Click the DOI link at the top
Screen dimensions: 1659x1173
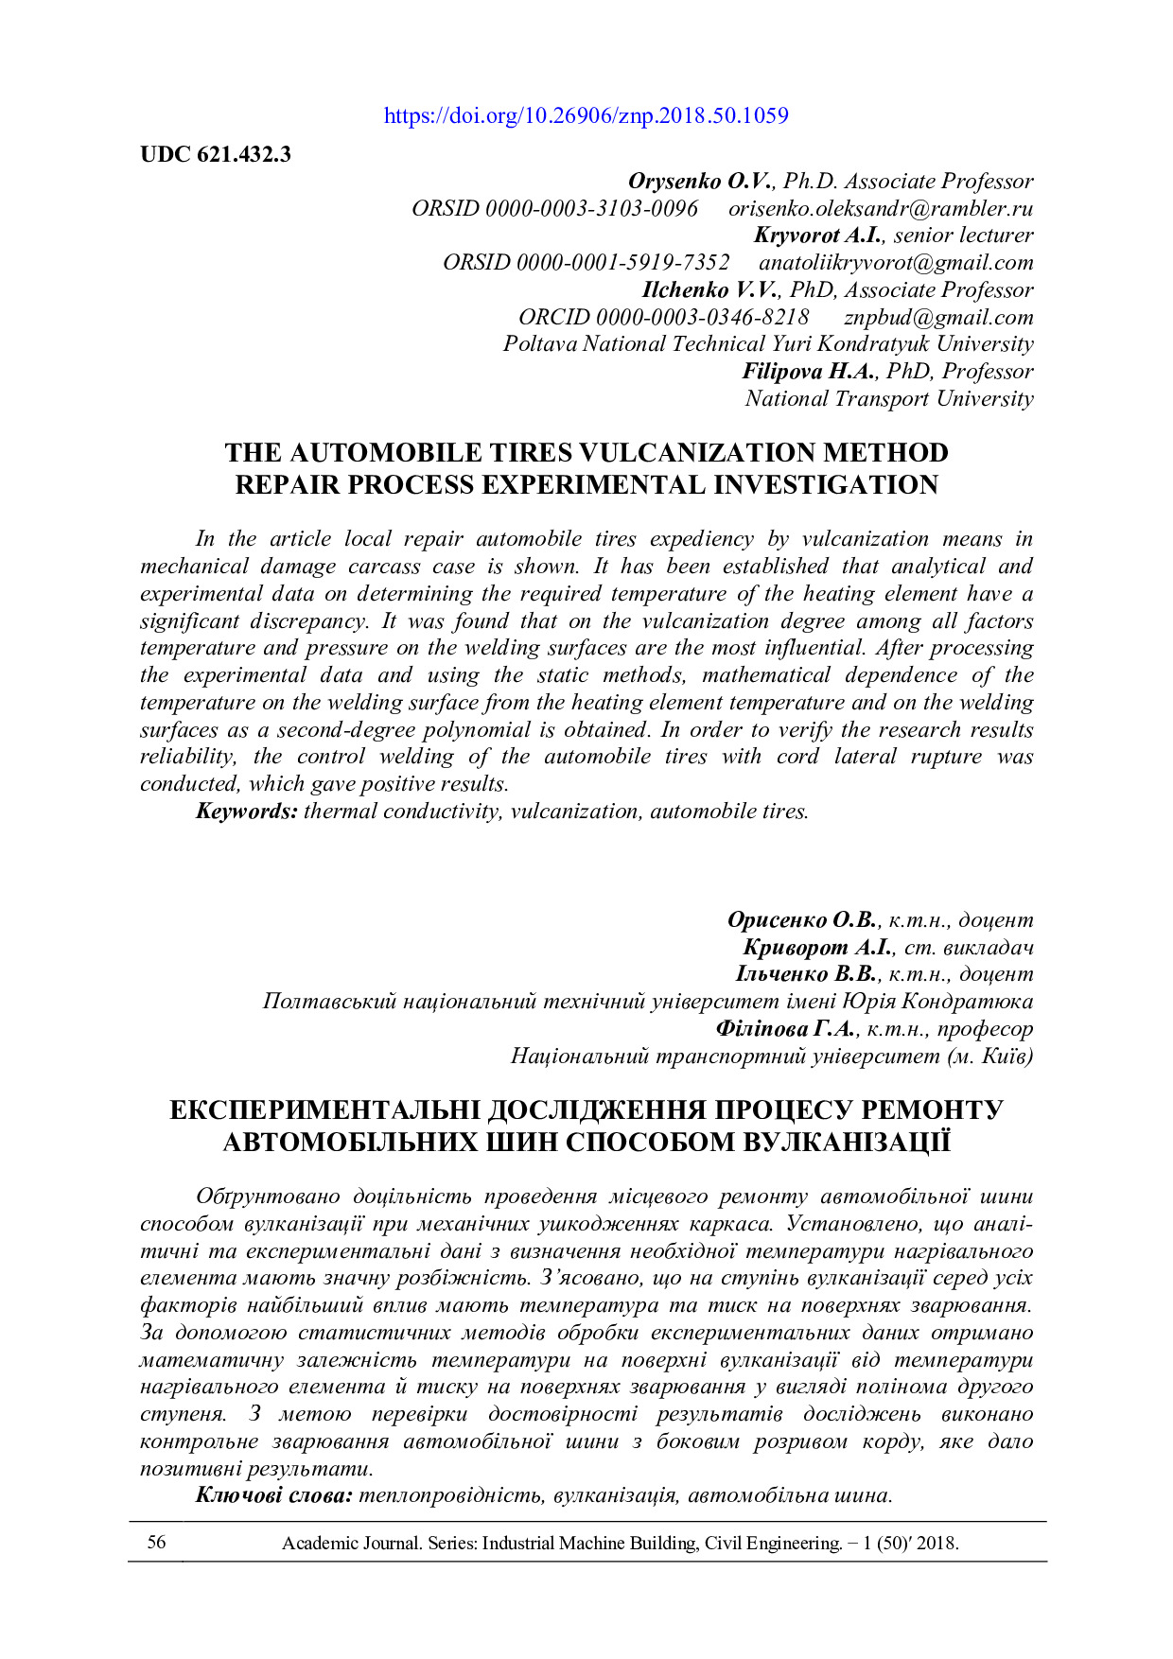point(586,116)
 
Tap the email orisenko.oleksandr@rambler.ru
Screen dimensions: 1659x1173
point(880,209)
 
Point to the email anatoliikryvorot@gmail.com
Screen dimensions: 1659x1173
point(895,263)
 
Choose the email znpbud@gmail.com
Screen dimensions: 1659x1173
point(937,318)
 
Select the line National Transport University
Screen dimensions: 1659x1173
point(888,399)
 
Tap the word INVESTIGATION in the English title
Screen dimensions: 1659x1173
point(826,485)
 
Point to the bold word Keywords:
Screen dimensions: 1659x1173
point(247,812)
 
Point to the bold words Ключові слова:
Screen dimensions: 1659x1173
point(274,1495)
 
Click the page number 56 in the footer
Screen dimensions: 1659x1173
point(156,1543)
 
